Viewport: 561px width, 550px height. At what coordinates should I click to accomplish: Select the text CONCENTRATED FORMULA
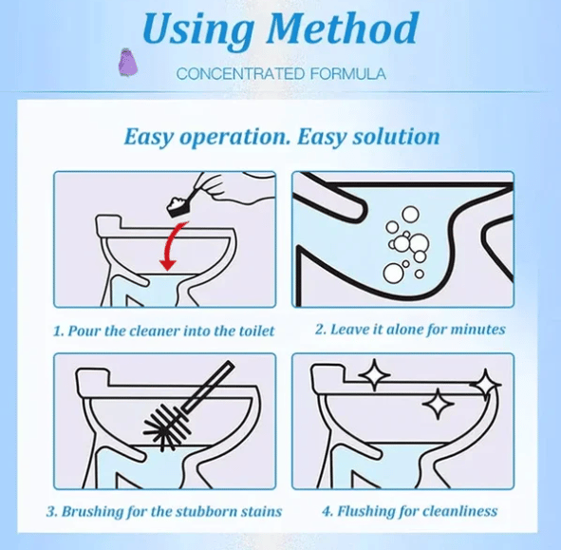point(280,74)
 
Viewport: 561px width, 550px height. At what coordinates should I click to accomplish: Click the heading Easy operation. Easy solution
point(282,136)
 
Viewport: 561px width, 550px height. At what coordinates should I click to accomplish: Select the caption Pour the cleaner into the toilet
point(164,330)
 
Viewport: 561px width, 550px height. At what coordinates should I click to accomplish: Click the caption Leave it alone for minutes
point(409,330)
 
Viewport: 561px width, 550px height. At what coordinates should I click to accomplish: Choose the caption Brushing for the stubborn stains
point(164,511)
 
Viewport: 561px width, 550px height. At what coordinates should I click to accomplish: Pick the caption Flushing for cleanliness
point(409,511)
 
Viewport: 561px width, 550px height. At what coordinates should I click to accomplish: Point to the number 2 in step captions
point(320,330)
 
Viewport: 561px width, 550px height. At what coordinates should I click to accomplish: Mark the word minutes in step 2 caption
point(480,330)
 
